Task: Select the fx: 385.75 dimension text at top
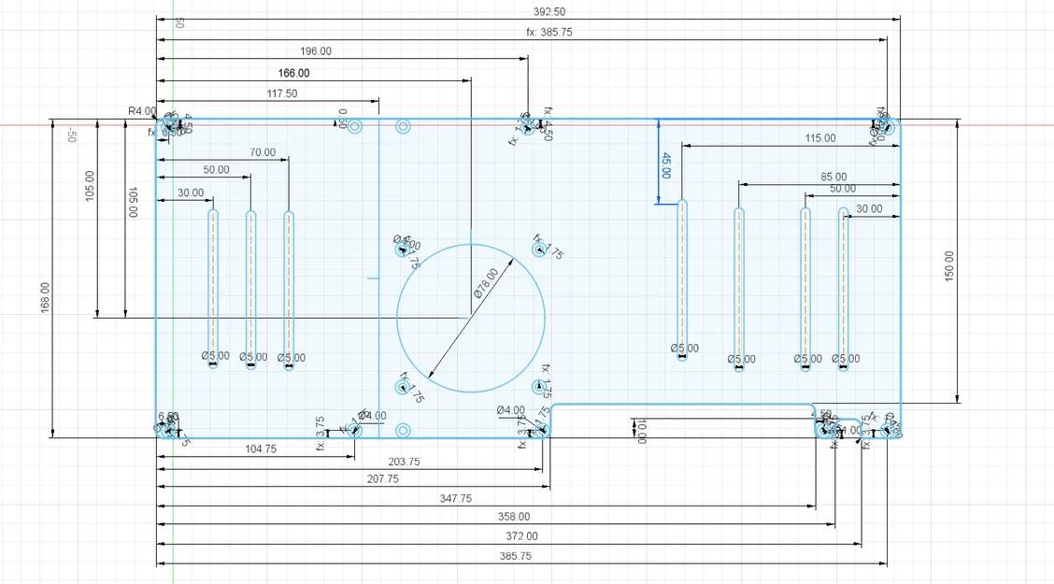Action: pos(549,32)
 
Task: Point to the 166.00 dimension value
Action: pos(293,73)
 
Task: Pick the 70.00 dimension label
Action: pos(263,152)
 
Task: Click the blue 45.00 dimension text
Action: pos(666,164)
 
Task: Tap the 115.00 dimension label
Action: pos(820,138)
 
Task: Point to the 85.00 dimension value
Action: pos(833,177)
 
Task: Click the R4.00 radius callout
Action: pos(141,110)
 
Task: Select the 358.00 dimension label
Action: pos(512,517)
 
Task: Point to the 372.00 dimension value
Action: pos(520,536)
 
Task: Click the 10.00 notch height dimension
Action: pos(641,431)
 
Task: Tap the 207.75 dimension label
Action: pos(380,479)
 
